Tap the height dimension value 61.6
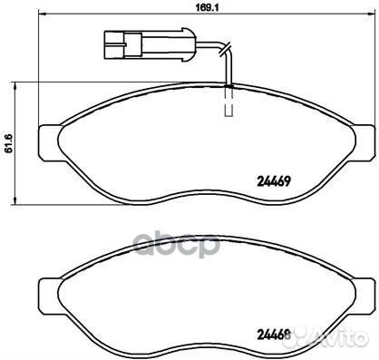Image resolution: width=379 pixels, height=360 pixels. (9, 142)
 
